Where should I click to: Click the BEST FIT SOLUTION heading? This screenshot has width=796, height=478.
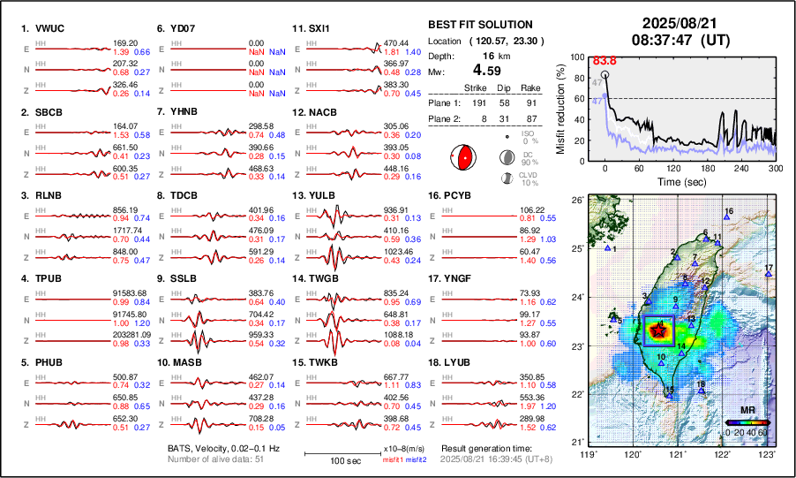479,24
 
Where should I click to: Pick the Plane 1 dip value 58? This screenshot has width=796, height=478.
507,103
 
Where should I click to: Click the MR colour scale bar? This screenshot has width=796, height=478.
747,422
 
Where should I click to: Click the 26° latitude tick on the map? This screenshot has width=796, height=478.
575,201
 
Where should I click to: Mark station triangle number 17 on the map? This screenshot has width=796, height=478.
769,275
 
